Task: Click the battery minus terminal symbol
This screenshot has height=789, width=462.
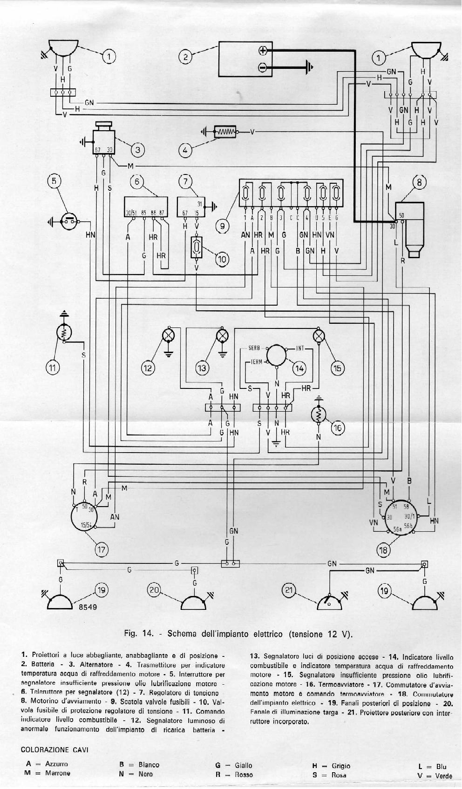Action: coord(263,68)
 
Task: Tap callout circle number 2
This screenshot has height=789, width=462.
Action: coord(185,57)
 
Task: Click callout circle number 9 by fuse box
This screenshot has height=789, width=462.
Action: coord(223,226)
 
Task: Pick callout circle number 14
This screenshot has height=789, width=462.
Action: coord(299,368)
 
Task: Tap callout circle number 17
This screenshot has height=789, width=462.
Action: coord(101,549)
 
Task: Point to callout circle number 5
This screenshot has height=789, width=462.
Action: coord(54,181)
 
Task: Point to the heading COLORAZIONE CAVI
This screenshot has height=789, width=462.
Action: coord(55,749)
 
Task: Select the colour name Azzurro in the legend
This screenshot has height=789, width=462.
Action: coord(56,764)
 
